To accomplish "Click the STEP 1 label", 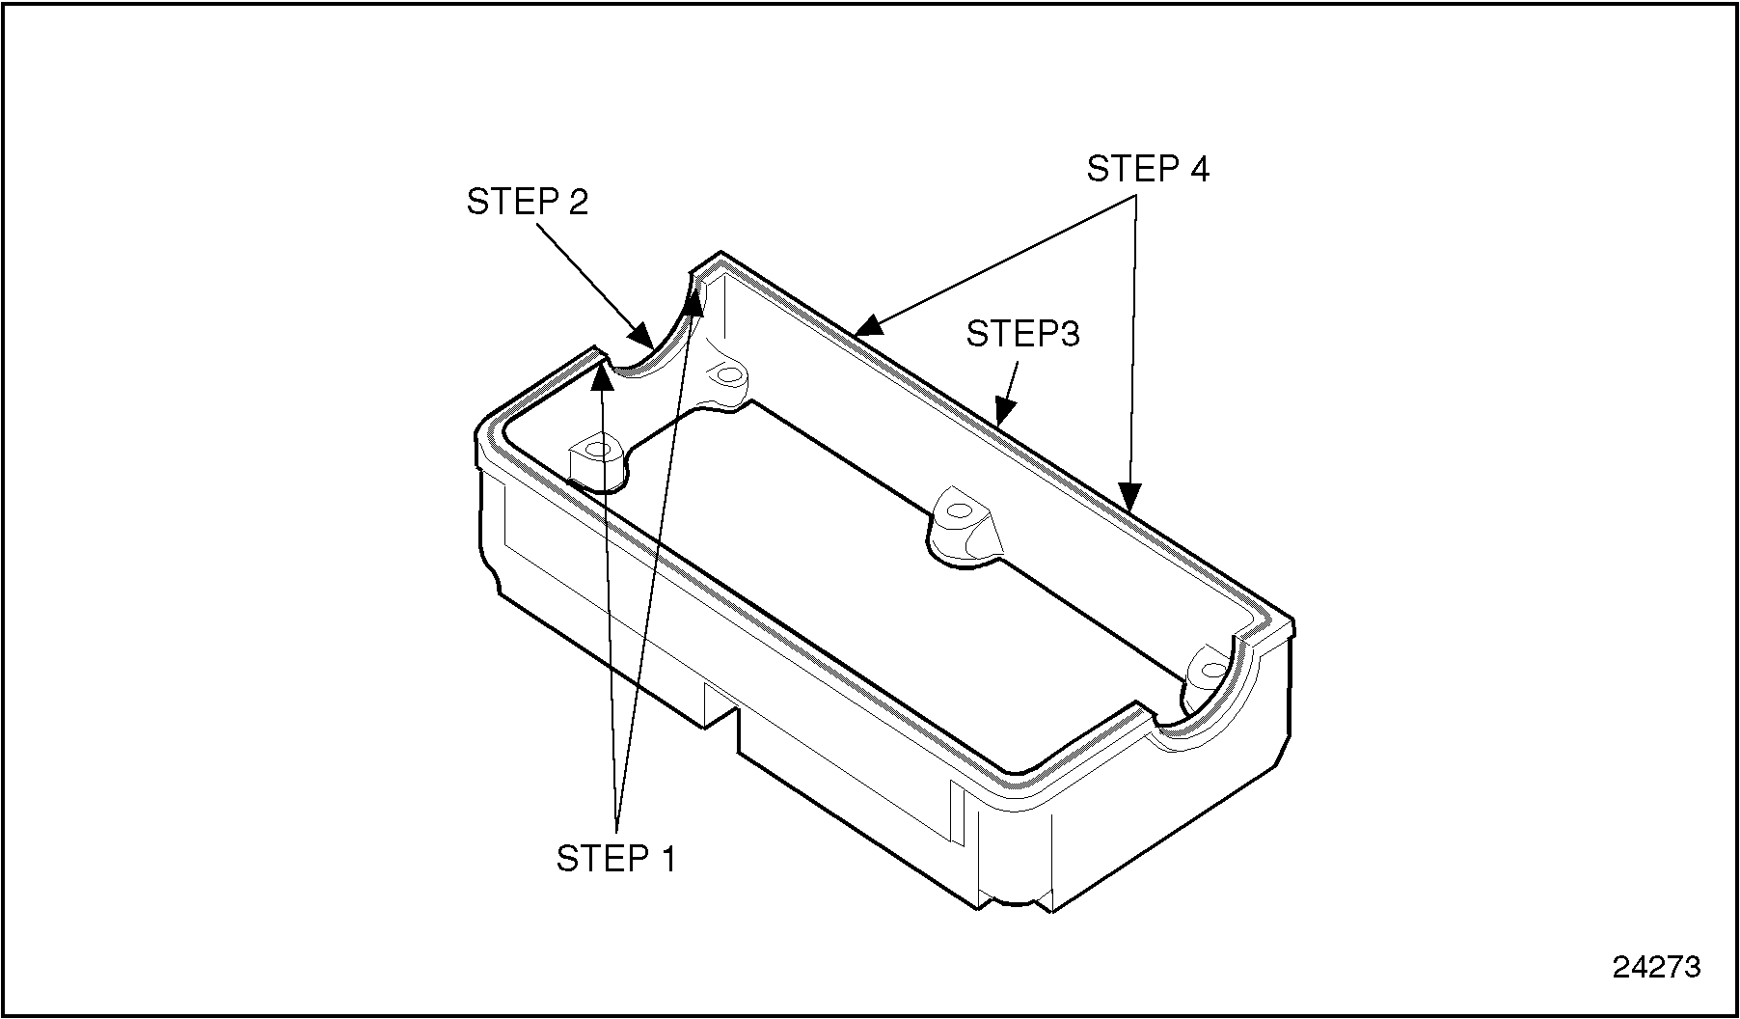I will pyautogui.click(x=616, y=858).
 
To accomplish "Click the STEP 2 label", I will pyautogui.click(x=527, y=202).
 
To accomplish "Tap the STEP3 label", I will pyautogui.click(x=1022, y=334).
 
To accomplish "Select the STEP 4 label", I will pyautogui.click(x=1147, y=169).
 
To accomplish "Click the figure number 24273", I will pyautogui.click(x=1656, y=966).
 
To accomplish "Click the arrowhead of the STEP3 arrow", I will pyautogui.click(x=1003, y=414).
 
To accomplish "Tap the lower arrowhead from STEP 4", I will pyautogui.click(x=1130, y=497).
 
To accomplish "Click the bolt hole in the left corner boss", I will pyautogui.click(x=598, y=450).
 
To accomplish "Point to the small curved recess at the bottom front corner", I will pyautogui.click(x=1015, y=903).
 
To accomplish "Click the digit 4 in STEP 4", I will pyautogui.click(x=1198, y=169).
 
